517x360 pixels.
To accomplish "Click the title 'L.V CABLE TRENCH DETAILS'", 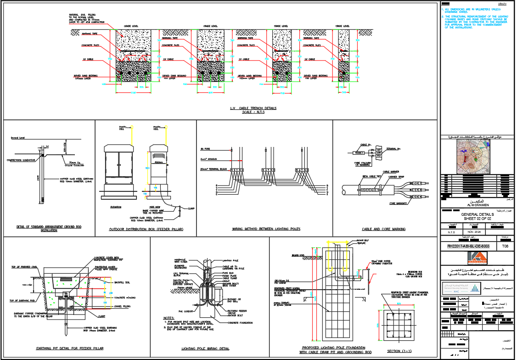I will coord(253,108).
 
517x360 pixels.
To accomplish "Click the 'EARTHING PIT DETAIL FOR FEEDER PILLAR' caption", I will coord(70,349).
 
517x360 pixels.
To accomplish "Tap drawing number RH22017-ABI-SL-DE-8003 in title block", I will coord(468,247).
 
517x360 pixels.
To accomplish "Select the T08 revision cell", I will coord(505,247).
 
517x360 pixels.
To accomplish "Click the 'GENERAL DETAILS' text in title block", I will coord(478,214).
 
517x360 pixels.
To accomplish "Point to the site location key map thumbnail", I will coord(478,157).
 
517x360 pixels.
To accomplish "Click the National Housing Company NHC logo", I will coord(452,288).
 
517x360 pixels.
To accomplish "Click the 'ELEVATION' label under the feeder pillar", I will coord(116,207).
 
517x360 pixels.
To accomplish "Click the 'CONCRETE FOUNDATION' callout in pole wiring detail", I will coord(240,323).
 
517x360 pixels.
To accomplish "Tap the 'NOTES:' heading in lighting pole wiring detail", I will coord(169,318).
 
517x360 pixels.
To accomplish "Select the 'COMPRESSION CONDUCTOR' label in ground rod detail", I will coord(21,160).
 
